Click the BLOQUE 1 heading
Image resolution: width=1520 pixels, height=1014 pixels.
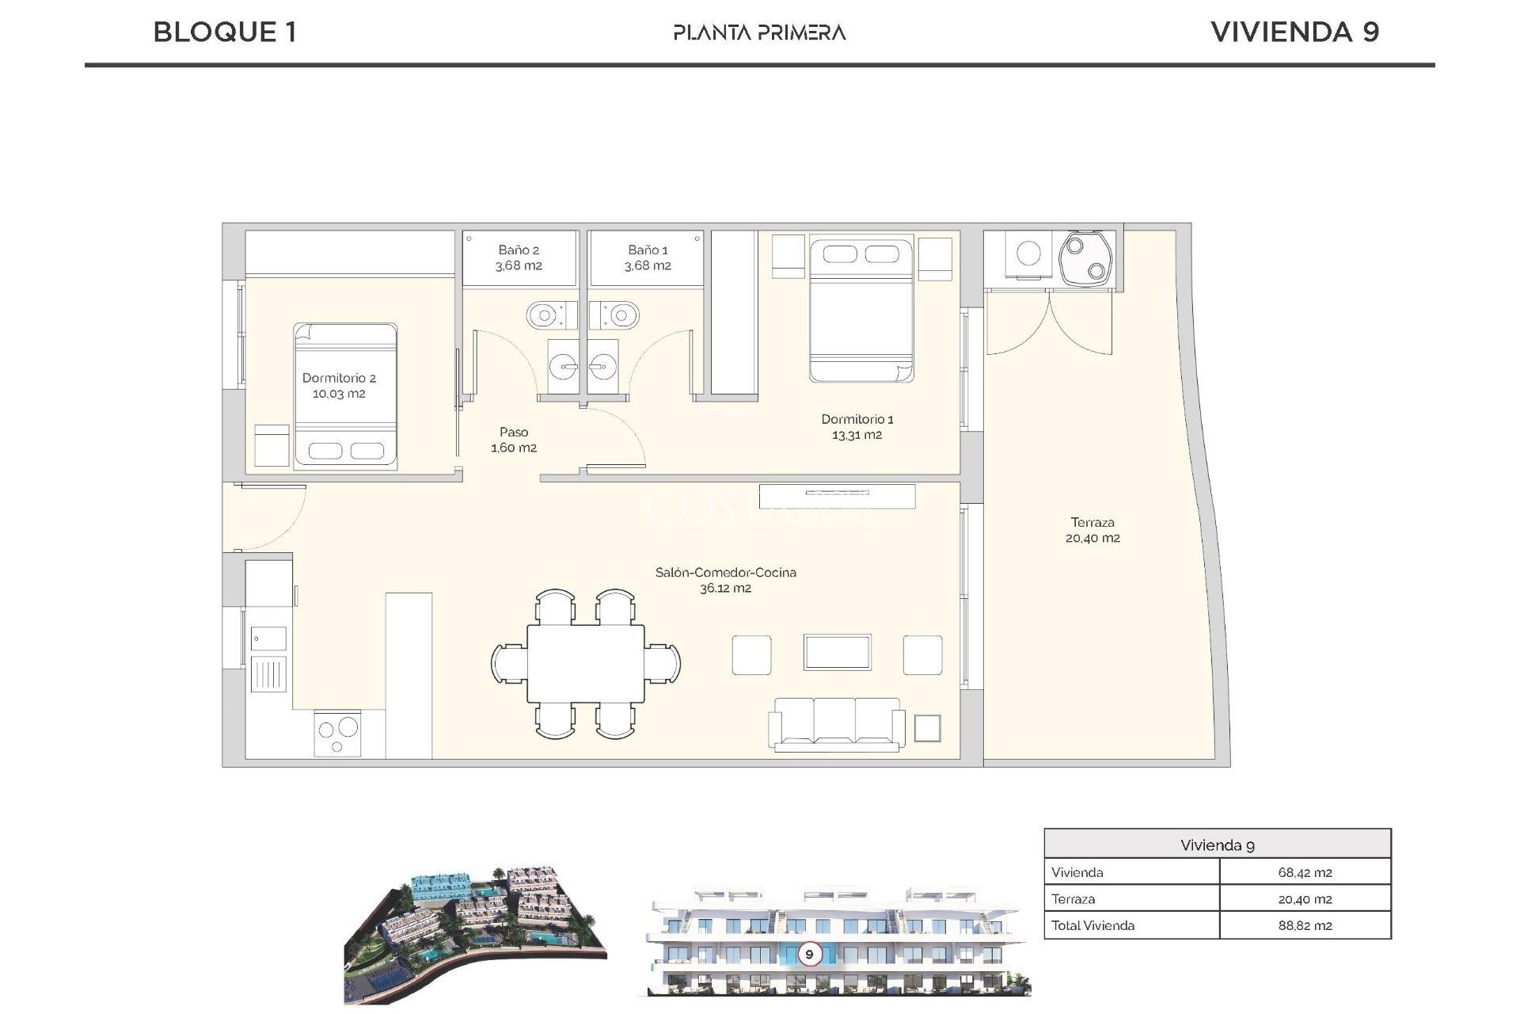[x=225, y=32]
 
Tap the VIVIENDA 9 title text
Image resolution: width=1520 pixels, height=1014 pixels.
[x=1294, y=32]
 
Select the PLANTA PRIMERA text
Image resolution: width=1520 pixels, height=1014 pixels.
[x=759, y=32]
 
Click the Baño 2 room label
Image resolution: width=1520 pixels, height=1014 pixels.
[x=519, y=250]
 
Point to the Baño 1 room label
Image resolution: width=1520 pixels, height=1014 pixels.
[x=648, y=250]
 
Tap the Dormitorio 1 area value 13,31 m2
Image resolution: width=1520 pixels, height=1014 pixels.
[x=857, y=435]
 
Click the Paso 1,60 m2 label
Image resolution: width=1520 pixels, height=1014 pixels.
[x=514, y=440]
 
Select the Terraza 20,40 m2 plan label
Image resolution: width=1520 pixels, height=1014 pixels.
[x=1092, y=530]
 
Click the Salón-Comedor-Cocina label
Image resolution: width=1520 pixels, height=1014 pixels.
[x=725, y=572]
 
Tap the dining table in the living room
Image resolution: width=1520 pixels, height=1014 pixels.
[x=586, y=663]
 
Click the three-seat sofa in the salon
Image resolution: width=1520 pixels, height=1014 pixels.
[x=837, y=723]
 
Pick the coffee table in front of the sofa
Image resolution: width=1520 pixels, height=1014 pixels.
[x=837, y=652]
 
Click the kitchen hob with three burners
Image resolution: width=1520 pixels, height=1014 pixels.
[x=338, y=734]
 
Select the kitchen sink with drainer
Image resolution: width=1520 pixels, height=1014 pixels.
[x=268, y=661]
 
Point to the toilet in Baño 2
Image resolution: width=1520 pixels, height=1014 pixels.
[x=546, y=316]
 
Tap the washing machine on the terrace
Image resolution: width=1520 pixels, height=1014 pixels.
[x=1028, y=253]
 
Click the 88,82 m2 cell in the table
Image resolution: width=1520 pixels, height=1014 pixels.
[x=1305, y=925]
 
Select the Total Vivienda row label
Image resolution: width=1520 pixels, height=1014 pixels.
[x=1092, y=925]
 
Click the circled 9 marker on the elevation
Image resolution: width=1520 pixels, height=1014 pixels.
[x=809, y=954]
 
